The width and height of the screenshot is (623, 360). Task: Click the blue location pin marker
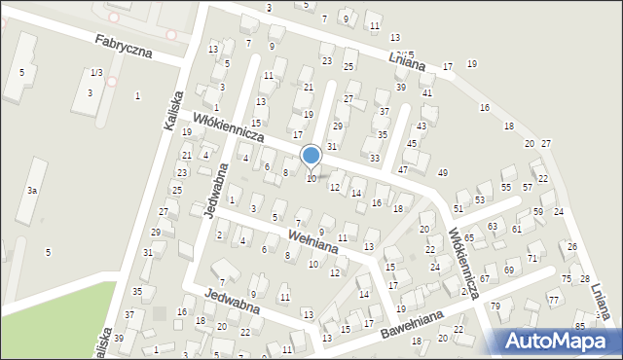click(311, 157)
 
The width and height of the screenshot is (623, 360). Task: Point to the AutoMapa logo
click(554, 340)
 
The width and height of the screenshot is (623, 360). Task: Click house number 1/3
click(95, 73)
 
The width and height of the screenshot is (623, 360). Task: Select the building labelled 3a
click(32, 191)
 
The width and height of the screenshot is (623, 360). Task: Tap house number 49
click(443, 172)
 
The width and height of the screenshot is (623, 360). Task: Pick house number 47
click(403, 170)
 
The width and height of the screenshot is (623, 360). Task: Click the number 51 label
click(458, 209)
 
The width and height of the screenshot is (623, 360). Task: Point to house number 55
click(506, 187)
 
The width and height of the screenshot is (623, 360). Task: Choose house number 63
click(493, 226)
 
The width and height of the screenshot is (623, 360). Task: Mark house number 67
click(483, 279)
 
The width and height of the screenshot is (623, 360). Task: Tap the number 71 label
click(532, 258)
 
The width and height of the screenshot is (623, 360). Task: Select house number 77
click(553, 301)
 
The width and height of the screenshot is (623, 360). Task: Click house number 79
click(495, 306)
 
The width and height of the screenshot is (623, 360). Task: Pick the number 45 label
click(411, 144)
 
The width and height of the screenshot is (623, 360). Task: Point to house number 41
click(427, 92)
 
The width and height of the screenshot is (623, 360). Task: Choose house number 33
click(375, 158)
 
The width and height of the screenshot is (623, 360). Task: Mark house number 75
click(567, 279)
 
